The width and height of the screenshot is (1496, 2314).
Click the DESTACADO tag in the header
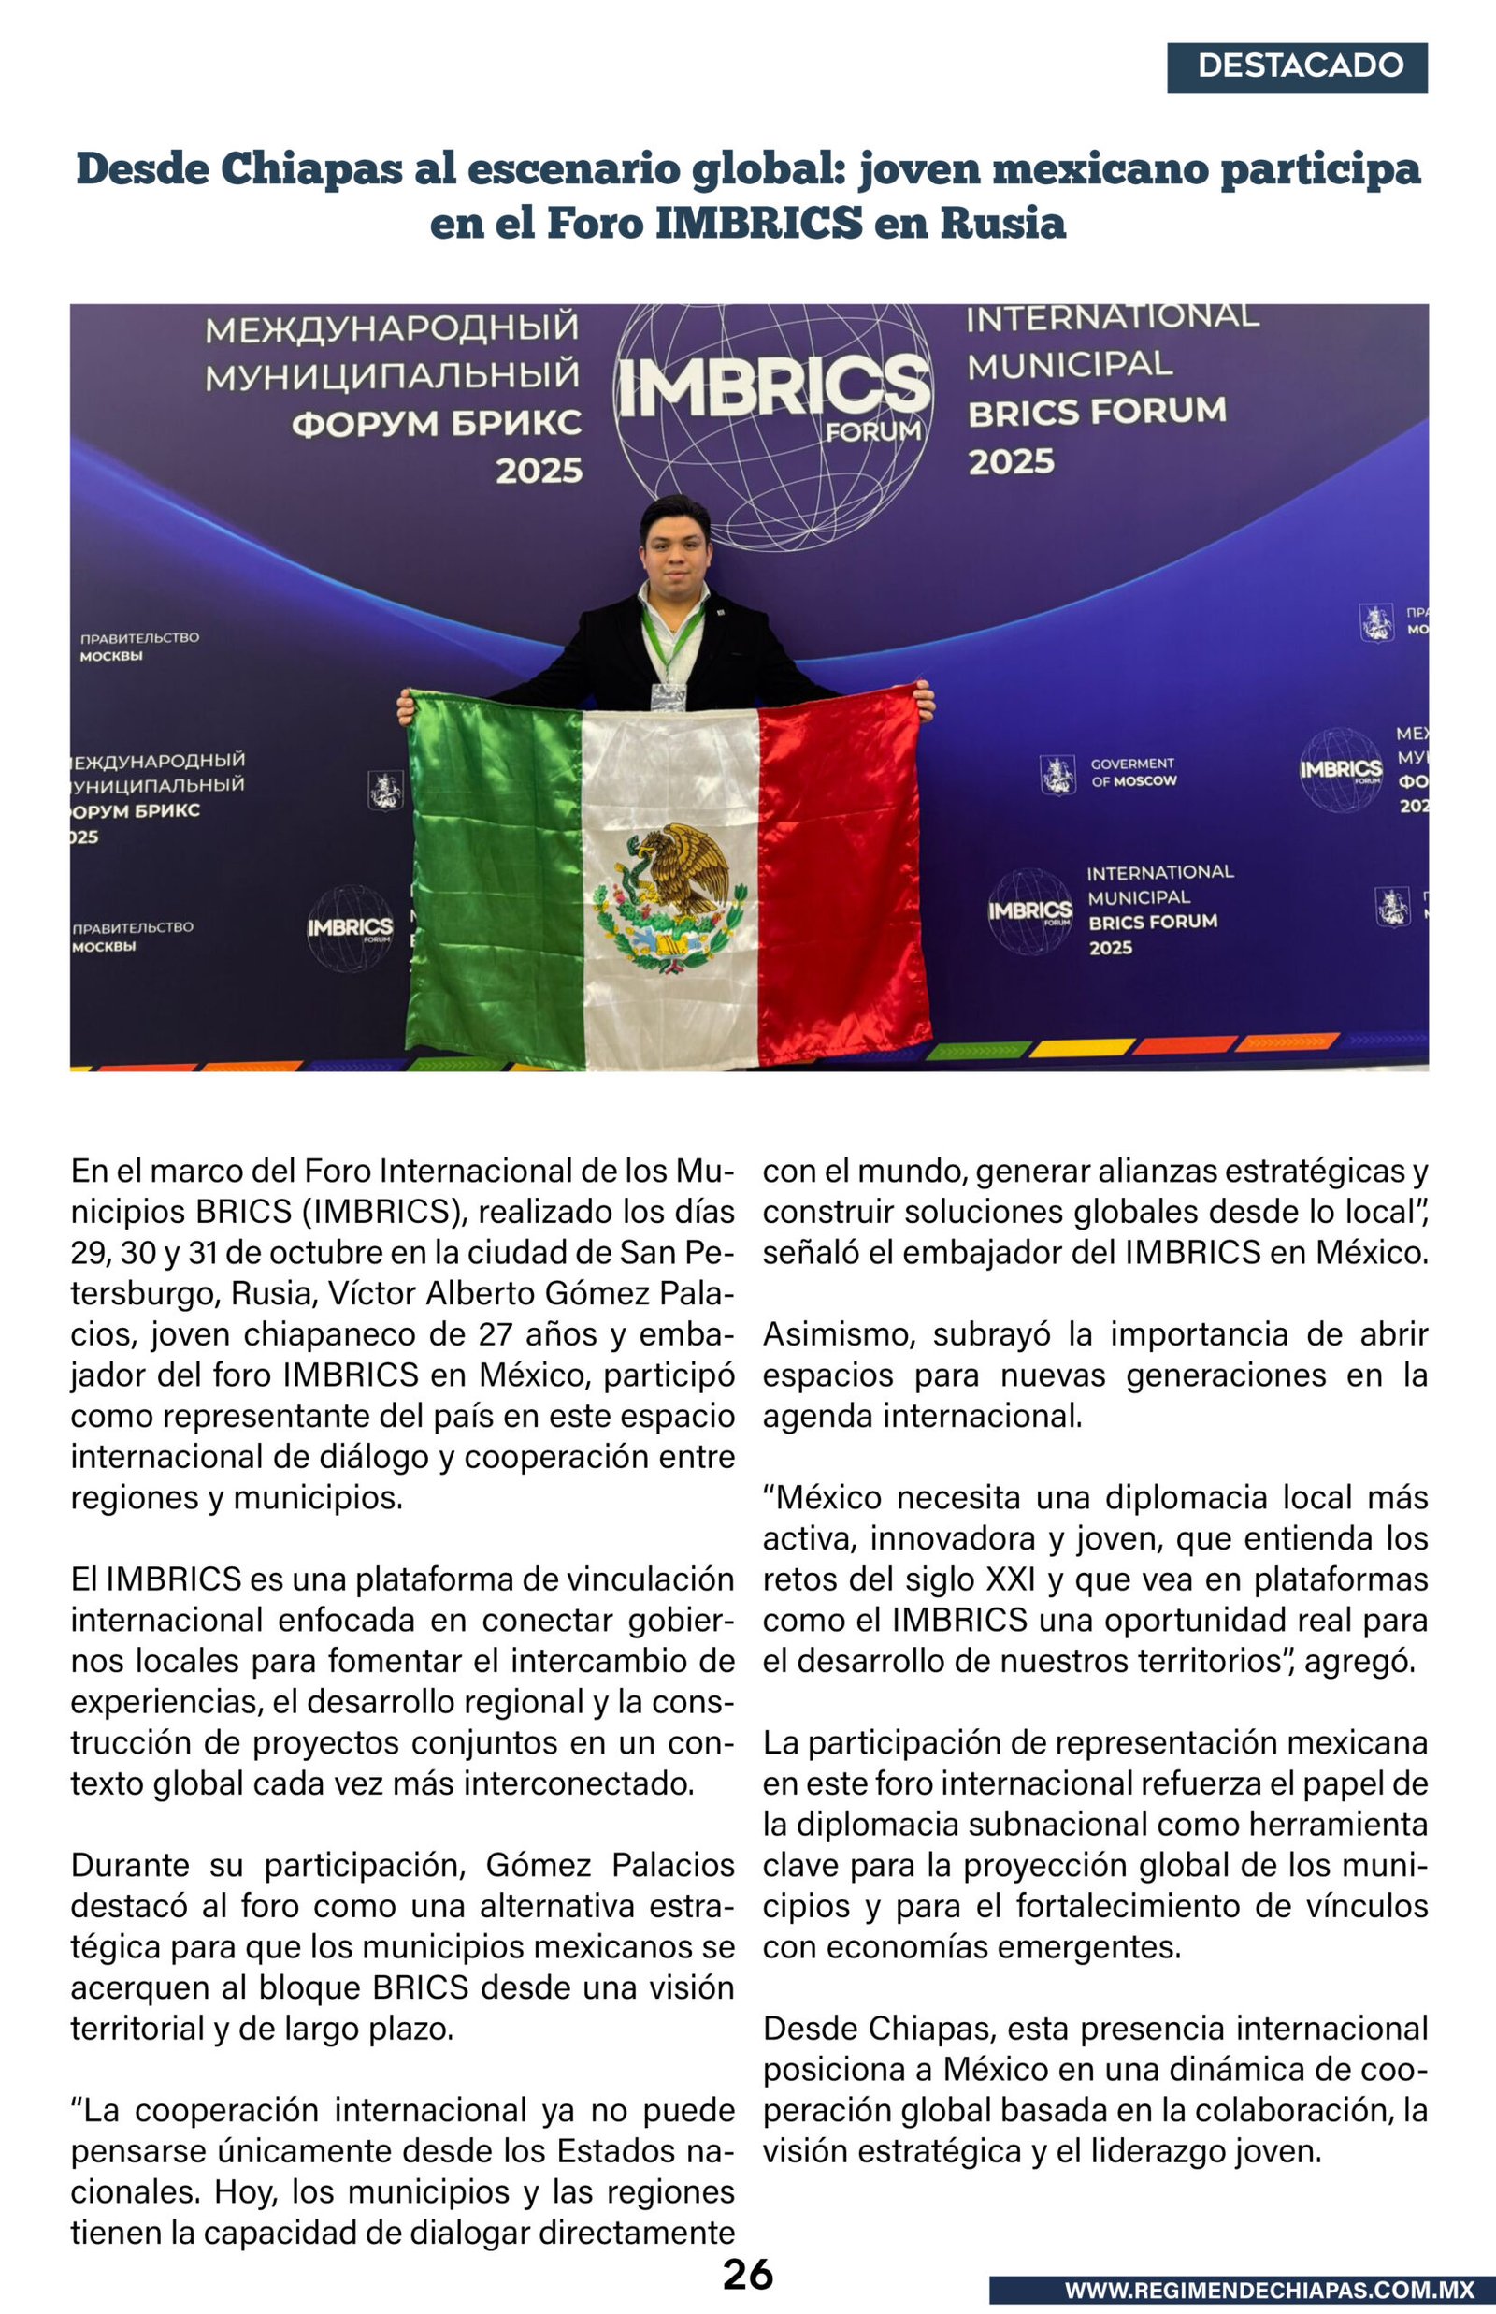1297,66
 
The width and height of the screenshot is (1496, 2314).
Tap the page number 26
747,2273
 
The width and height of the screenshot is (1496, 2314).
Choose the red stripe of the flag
841,875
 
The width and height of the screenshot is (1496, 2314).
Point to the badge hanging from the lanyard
668,695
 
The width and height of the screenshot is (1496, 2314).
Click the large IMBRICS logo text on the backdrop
773,385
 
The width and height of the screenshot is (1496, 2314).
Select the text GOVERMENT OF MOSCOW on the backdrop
1132,773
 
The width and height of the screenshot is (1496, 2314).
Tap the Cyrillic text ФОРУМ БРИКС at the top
438,424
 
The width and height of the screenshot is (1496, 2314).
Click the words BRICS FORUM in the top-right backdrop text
1097,411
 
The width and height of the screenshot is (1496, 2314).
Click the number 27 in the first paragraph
496,1333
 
